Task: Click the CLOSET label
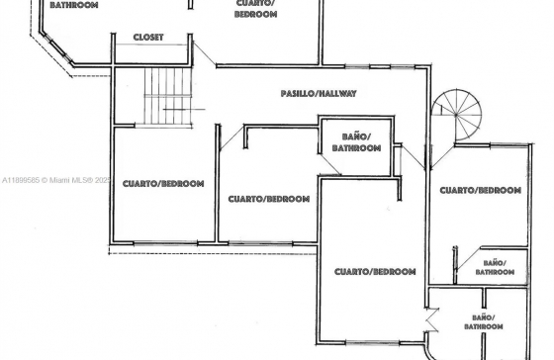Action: click(x=148, y=38)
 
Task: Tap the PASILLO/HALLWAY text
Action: click(x=319, y=94)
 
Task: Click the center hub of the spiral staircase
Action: click(x=456, y=115)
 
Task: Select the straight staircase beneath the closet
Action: click(x=168, y=96)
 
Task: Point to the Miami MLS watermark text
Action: click(x=56, y=180)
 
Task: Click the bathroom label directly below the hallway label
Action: click(x=356, y=142)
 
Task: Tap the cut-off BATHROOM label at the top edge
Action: click(x=74, y=5)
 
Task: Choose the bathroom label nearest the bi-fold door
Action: click(x=484, y=321)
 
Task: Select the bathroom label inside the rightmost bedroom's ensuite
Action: click(x=495, y=267)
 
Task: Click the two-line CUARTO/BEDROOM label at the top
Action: click(x=255, y=9)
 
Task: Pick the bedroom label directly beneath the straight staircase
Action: click(x=163, y=184)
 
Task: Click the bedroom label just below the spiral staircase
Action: click(x=481, y=191)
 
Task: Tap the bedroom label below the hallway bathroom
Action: click(x=375, y=272)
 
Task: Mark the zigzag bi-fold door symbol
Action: click(x=431, y=320)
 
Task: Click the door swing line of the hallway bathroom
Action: click(x=330, y=163)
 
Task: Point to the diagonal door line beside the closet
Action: click(x=205, y=53)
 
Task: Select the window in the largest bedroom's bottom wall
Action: click(x=372, y=342)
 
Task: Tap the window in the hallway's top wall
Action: click(x=380, y=66)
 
